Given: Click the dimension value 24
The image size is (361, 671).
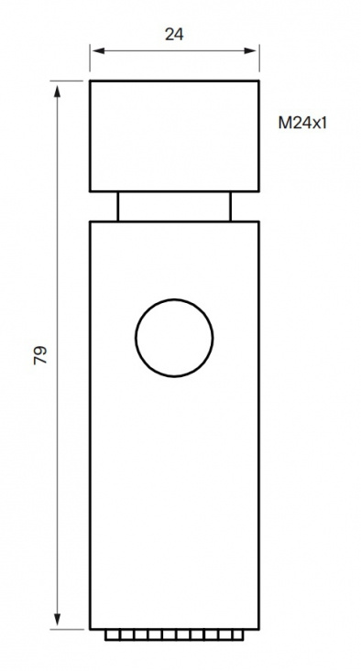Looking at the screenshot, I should [173, 35].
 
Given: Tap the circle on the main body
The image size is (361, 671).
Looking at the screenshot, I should [174, 336].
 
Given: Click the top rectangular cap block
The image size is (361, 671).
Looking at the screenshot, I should [173, 136].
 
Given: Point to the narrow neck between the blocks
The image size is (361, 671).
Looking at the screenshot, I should [173, 206].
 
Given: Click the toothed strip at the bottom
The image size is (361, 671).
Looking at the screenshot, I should [173, 633].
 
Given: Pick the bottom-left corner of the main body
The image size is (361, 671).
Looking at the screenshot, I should [90, 629].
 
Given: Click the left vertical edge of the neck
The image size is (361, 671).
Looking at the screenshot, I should [117, 206].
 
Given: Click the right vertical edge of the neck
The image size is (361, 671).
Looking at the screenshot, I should [230, 206].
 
